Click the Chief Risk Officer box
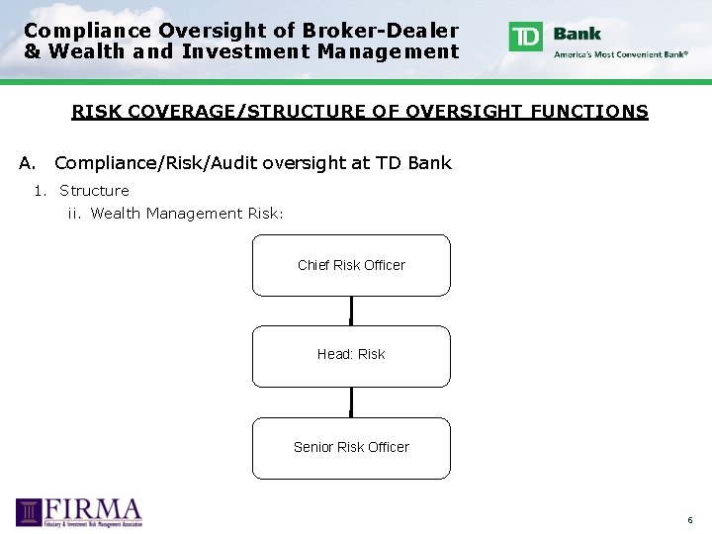pos(351,265)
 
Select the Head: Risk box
pos(351,356)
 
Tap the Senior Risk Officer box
pos(351,447)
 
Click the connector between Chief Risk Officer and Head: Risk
pos(351,311)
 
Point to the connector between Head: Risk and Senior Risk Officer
pos(351,401)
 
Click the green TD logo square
pos(525,37)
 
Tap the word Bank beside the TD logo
pos(578,33)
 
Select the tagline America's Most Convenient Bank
pos(621,54)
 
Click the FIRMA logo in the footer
pos(79,512)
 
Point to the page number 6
pos(690,520)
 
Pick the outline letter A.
pos(26,163)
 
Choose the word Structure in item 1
pos(94,191)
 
